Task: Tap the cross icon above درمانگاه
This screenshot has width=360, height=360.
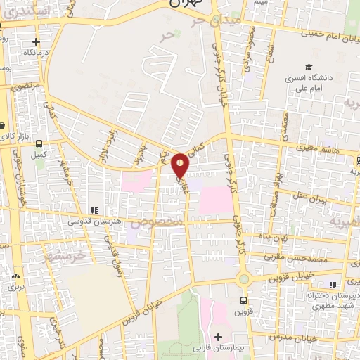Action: click(27, 41)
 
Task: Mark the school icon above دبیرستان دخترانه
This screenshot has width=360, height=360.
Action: click(333, 284)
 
